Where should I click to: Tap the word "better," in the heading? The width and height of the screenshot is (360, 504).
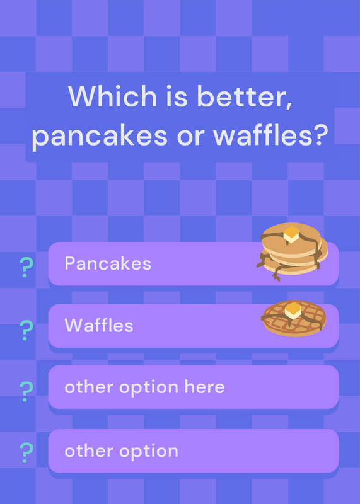(x=245, y=96)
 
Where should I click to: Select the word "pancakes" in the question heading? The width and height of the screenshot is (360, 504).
(x=100, y=136)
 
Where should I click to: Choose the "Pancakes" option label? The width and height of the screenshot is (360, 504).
(x=108, y=263)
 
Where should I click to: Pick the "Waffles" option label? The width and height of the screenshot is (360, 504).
(x=99, y=325)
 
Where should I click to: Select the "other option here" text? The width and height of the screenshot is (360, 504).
(x=144, y=387)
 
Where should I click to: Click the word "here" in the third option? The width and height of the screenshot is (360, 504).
(x=205, y=387)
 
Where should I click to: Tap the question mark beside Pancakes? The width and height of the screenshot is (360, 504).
(x=26, y=267)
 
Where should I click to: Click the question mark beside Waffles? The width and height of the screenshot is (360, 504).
(x=26, y=330)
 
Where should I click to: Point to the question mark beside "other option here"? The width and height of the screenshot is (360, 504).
(x=26, y=391)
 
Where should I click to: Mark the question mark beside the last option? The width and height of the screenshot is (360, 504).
(x=26, y=452)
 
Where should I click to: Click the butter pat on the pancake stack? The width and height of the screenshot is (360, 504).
(x=291, y=234)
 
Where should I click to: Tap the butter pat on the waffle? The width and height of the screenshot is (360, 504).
(x=293, y=311)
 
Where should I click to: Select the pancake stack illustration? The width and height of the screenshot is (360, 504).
(x=292, y=251)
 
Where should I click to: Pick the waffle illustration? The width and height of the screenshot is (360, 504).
(x=294, y=318)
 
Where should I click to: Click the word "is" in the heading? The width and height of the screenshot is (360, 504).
(x=177, y=96)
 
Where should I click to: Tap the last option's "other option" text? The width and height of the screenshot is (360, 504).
(x=121, y=451)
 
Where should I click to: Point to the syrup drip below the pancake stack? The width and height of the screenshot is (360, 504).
(x=276, y=273)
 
